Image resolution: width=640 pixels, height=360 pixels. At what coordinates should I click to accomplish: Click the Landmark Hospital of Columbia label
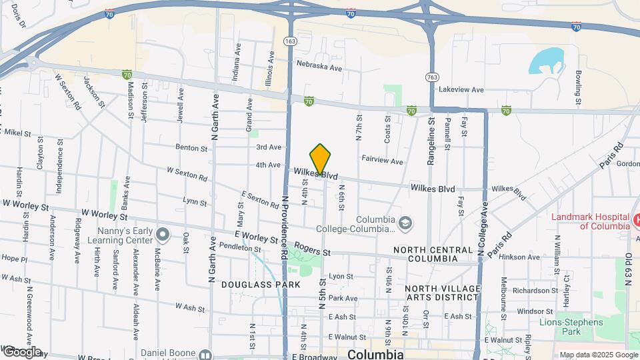tap(591, 221)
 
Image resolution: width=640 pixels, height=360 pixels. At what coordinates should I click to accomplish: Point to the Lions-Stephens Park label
tap(571, 327)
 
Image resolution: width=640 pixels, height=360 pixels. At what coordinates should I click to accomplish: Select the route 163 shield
tap(290, 41)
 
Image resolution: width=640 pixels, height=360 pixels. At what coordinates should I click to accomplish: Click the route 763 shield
tap(433, 77)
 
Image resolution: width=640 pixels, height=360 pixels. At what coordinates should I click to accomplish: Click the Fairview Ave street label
tap(382, 161)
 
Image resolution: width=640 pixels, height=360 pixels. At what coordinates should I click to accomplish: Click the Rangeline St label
tap(431, 139)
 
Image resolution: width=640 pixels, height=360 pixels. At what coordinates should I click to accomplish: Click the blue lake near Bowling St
tap(544, 61)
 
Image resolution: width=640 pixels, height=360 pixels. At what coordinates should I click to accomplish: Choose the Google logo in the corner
tap(22, 351)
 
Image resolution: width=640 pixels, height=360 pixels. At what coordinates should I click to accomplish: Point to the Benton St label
tap(192, 147)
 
